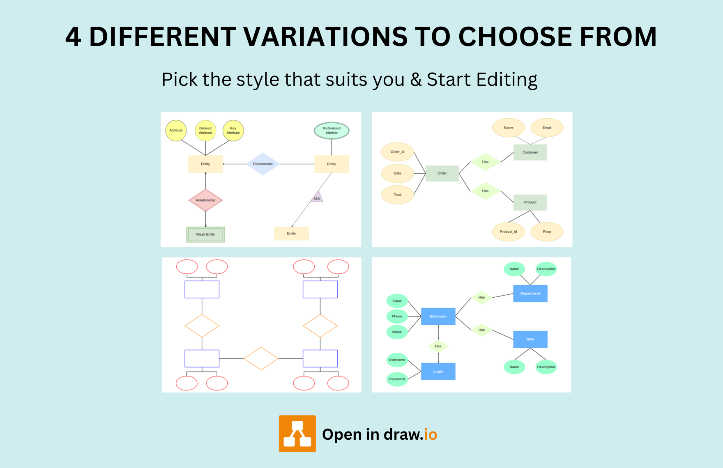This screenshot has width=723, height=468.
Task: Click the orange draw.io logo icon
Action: (297, 434)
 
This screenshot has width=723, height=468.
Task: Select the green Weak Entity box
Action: (205, 234)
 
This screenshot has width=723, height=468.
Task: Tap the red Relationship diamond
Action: (205, 200)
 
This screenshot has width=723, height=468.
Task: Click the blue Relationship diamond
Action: (263, 164)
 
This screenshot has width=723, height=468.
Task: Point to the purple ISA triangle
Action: (317, 197)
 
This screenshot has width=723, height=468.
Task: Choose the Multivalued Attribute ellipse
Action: (332, 131)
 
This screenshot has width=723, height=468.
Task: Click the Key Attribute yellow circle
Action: (233, 131)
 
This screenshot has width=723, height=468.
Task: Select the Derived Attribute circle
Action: (205, 131)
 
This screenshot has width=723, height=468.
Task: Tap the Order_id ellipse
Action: (397, 152)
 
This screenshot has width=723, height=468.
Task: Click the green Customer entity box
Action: (530, 152)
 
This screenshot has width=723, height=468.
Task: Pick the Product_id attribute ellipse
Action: (509, 232)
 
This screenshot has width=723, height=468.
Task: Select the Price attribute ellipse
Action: (547, 232)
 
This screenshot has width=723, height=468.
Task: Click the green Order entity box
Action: (442, 173)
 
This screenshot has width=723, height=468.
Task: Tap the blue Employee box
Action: (438, 317)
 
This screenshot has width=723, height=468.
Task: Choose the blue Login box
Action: (438, 372)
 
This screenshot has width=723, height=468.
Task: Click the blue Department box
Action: (530, 294)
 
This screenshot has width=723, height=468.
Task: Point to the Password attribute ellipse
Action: (397, 379)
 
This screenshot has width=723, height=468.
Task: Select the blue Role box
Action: (530, 340)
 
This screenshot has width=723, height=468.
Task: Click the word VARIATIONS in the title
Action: (326, 37)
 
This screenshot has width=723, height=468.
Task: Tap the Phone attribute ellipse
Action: (397, 317)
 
